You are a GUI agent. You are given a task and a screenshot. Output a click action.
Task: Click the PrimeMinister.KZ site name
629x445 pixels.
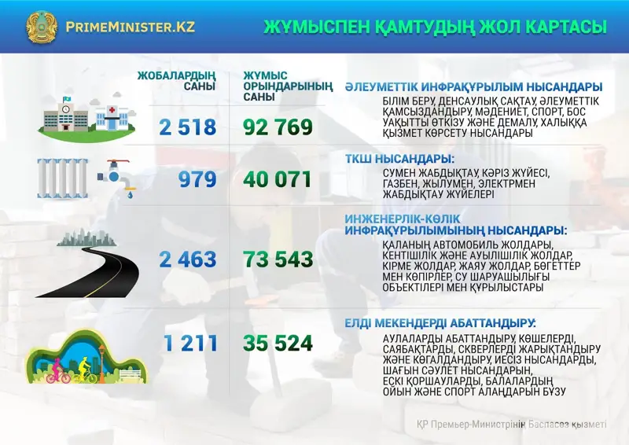(x=131, y=26)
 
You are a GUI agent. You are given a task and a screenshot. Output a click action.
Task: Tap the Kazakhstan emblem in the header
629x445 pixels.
(x=42, y=27)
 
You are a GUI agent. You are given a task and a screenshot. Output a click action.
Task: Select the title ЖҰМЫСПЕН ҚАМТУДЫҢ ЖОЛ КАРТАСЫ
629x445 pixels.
(x=435, y=27)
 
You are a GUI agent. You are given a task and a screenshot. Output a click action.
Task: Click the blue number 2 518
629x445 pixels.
(x=187, y=127)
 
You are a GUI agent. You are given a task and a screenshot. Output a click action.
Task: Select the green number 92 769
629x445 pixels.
(x=278, y=127)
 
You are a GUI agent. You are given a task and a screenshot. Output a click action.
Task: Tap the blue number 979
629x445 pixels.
(x=197, y=180)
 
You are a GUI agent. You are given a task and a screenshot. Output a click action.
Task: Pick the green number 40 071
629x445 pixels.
(x=278, y=180)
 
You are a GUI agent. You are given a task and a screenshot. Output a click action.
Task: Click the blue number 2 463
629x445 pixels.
(x=187, y=259)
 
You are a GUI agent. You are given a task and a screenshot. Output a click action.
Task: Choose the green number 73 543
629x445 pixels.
(x=278, y=259)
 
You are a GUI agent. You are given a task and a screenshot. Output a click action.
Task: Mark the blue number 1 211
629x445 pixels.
(x=189, y=343)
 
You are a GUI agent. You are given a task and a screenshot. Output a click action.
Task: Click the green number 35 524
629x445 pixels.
(x=278, y=343)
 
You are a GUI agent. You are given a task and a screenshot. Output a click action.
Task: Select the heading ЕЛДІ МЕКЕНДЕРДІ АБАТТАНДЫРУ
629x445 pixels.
(x=440, y=323)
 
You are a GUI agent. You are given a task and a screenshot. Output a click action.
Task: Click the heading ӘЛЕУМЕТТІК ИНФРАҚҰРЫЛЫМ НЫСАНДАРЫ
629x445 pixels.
(x=473, y=86)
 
